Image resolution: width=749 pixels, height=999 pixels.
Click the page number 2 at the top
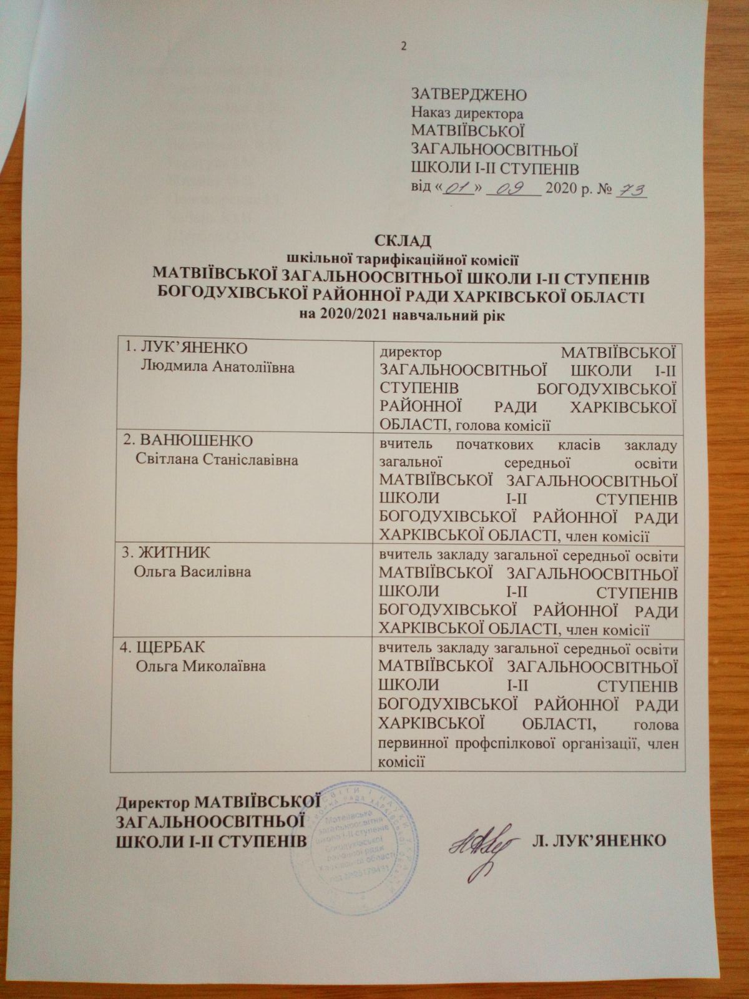coord(403,46)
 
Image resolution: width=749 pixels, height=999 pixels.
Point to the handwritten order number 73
coord(631,190)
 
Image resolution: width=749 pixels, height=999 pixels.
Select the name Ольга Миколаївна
coord(200,666)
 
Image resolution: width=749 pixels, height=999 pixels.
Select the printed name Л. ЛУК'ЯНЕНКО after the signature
coord(598,839)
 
